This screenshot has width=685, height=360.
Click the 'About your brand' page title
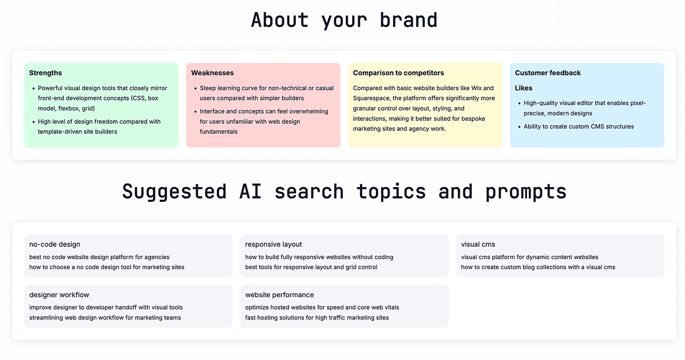(344, 20)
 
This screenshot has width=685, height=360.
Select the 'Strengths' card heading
(46, 73)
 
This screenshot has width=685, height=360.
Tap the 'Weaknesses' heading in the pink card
(212, 73)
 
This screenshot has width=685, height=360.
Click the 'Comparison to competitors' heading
(398, 73)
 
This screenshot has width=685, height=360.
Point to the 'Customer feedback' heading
(548, 73)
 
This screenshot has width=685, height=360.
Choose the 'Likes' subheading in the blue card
(524, 88)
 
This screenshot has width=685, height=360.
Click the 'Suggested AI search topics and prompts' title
(344, 191)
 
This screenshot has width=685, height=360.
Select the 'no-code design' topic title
(55, 245)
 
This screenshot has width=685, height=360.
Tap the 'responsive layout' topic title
(274, 245)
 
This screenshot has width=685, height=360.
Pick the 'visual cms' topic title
(478, 245)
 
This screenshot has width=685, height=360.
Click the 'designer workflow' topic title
(59, 295)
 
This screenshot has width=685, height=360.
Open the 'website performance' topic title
(279, 295)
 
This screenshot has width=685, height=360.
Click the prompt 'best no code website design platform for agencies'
(99, 257)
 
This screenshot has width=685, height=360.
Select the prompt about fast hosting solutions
(317, 318)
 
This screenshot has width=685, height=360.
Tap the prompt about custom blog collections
(538, 267)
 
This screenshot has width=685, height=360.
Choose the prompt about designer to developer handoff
(106, 308)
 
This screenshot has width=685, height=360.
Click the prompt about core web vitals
(322, 308)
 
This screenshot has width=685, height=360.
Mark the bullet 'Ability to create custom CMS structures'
(578, 127)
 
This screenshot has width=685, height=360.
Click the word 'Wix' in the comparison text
(477, 88)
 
